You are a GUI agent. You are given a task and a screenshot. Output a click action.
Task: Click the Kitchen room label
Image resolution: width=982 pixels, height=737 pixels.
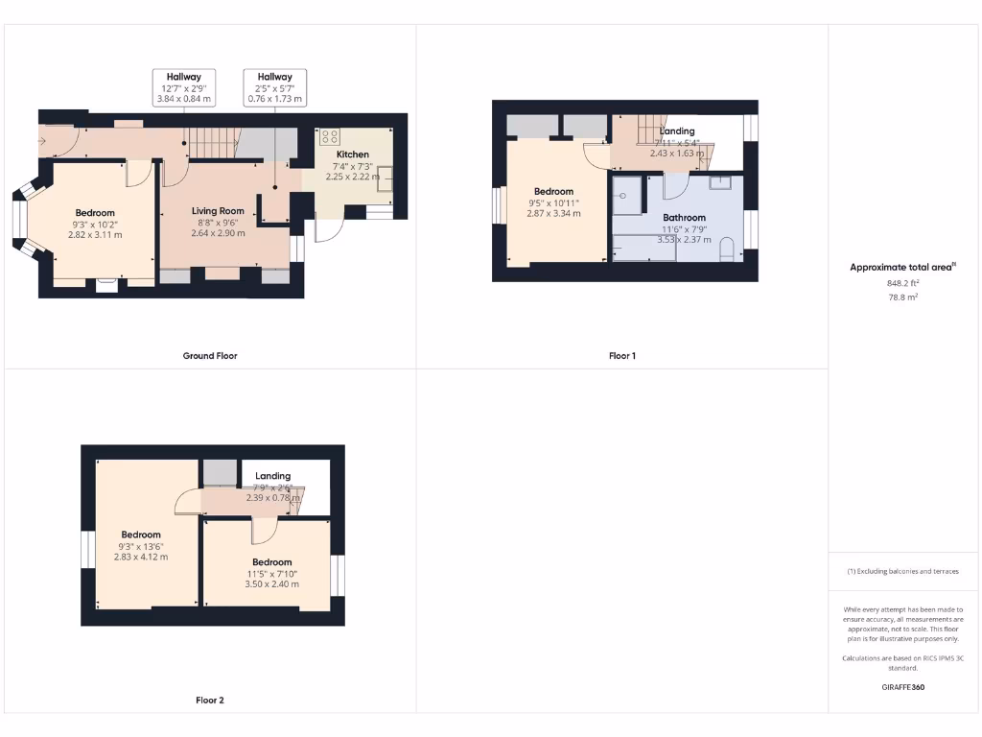pyautogui.click(x=352, y=154)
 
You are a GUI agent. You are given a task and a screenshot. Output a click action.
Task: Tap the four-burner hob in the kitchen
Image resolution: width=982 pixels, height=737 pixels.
pyautogui.click(x=328, y=136)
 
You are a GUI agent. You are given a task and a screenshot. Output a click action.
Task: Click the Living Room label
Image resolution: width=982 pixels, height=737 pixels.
pyautogui.click(x=218, y=210)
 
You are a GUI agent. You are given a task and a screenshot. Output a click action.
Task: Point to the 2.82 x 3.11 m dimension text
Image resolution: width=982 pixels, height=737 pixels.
pyautogui.click(x=95, y=234)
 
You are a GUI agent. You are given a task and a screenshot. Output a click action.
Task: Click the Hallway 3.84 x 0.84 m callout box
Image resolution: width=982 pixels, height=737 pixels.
pyautogui.click(x=183, y=87)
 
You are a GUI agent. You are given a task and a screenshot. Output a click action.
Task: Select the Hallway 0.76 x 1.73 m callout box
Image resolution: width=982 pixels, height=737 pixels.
pyautogui.click(x=275, y=87)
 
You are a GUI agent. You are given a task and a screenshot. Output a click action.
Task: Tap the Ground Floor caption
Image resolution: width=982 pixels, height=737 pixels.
pyautogui.click(x=210, y=355)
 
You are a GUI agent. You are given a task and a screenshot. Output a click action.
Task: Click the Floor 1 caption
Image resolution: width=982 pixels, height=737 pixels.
pyautogui.click(x=621, y=355)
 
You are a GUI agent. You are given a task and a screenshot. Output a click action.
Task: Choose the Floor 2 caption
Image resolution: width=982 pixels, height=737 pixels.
pyautogui.click(x=210, y=701)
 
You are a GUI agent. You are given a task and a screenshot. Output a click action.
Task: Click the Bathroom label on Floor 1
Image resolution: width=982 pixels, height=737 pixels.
pyautogui.click(x=684, y=218)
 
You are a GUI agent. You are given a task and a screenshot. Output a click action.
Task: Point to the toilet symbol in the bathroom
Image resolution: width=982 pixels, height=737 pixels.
pyautogui.click(x=726, y=251)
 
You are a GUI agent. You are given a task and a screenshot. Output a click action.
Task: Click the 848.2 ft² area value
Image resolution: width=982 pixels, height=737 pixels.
pyautogui.click(x=902, y=284)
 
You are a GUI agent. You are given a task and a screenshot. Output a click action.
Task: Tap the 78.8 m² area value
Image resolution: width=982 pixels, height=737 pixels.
pyautogui.click(x=902, y=297)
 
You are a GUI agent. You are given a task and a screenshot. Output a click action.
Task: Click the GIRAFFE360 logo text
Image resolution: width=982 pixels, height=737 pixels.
pyautogui.click(x=902, y=687)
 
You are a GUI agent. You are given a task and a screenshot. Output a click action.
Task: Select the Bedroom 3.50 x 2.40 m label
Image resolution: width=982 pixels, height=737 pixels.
pyautogui.click(x=272, y=561)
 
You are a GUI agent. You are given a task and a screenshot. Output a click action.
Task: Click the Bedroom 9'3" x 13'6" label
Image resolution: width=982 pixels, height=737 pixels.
pyautogui.click(x=140, y=535)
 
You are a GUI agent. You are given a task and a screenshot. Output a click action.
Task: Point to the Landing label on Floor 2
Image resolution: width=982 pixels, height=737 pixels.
pyautogui.click(x=272, y=476)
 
